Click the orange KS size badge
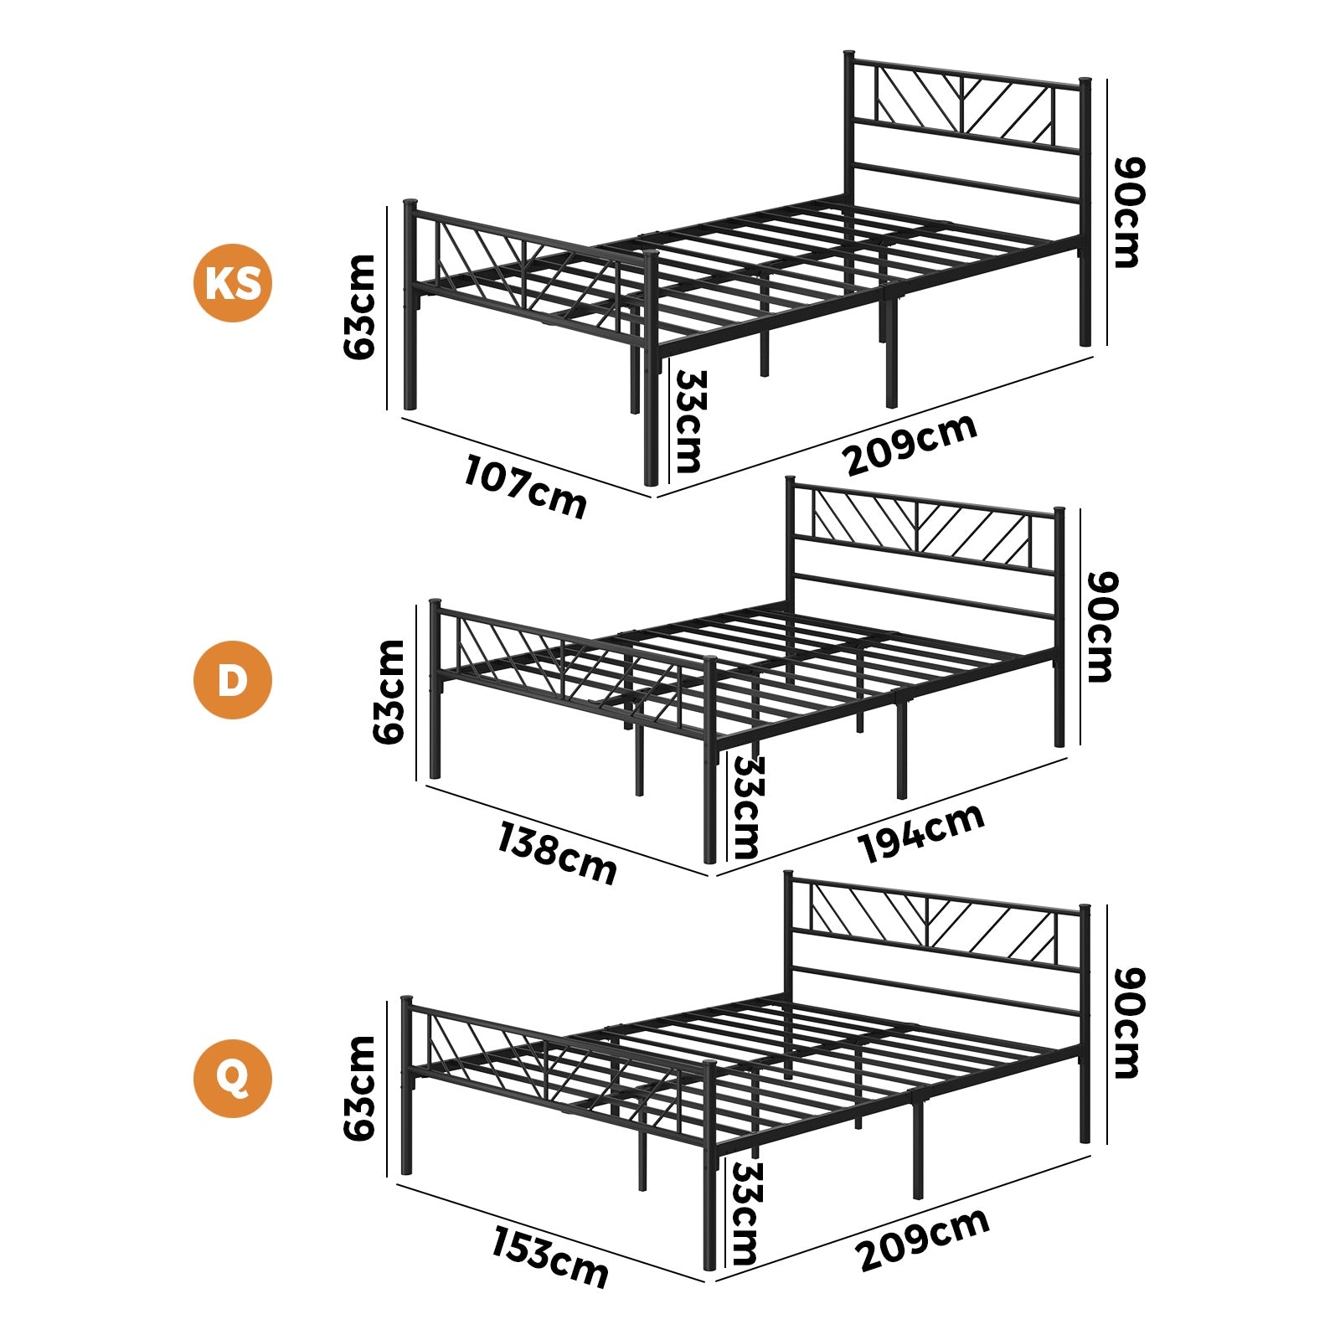(x=233, y=283)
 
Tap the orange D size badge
(x=233, y=680)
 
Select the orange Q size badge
(x=233, y=1078)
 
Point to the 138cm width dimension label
(x=557, y=853)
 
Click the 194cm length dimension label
(x=921, y=832)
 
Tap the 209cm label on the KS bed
(x=911, y=445)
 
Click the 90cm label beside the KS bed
(x=1126, y=212)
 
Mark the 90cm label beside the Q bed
(x=1127, y=1023)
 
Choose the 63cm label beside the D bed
(x=389, y=692)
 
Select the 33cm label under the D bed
(x=745, y=807)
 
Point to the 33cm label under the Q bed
(x=744, y=1213)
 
